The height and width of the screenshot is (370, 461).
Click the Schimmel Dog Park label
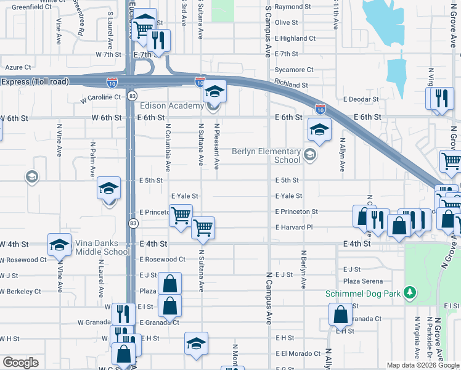tap(363, 294)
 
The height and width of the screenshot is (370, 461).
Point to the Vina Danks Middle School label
tap(100, 247)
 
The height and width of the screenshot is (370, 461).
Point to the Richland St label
tap(292, 85)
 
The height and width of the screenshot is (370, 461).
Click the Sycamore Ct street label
tap(295, 70)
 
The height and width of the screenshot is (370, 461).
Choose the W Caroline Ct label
tap(100, 97)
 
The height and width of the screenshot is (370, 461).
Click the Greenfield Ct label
tap(31, 7)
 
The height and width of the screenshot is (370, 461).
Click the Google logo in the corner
tap(20, 363)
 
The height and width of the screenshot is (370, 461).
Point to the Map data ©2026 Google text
tap(423, 365)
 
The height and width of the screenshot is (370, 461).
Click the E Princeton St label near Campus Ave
tap(296, 212)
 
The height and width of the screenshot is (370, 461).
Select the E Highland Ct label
tap(295, 38)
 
